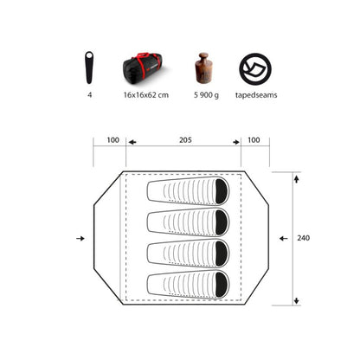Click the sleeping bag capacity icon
89,67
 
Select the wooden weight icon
203,68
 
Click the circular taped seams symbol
255,69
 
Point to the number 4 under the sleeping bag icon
90,95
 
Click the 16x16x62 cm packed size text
146,95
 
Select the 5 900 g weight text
206,95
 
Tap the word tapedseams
256,95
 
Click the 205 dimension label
185,140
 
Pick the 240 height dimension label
304,238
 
